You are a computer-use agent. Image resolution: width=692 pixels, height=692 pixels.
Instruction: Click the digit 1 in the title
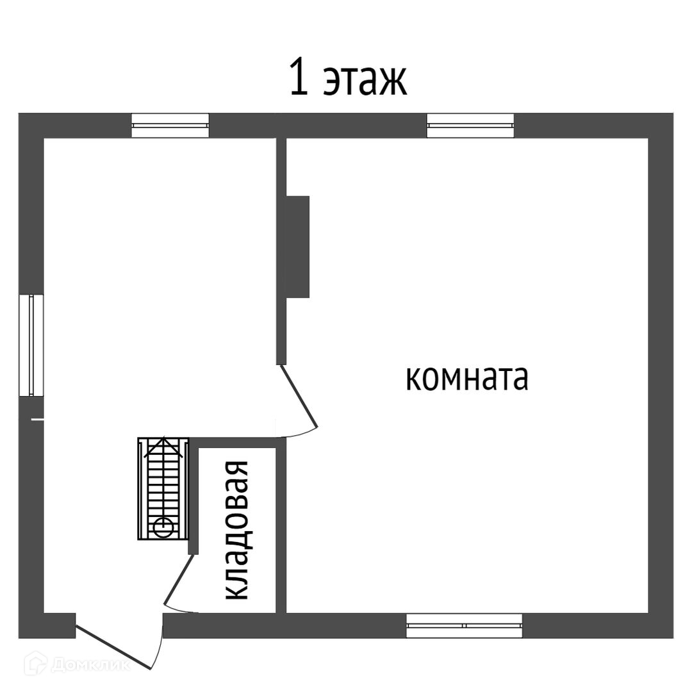297,78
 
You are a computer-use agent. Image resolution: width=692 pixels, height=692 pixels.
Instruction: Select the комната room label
466,378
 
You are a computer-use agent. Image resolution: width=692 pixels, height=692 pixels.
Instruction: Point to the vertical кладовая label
237,531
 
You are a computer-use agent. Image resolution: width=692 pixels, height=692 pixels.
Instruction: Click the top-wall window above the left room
170,125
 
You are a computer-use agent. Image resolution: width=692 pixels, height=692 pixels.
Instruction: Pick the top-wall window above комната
470,125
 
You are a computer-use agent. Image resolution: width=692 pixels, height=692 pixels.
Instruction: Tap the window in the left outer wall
31,345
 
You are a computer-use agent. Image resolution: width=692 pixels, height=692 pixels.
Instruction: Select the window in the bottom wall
464,625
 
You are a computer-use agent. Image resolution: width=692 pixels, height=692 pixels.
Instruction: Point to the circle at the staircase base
163,527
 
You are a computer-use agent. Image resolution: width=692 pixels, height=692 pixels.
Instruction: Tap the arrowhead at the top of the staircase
163,445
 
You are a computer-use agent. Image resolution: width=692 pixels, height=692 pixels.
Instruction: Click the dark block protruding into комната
298,247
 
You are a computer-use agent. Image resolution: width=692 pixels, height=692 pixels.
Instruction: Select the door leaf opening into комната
299,397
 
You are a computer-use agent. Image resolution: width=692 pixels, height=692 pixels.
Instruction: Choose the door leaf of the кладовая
179,580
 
